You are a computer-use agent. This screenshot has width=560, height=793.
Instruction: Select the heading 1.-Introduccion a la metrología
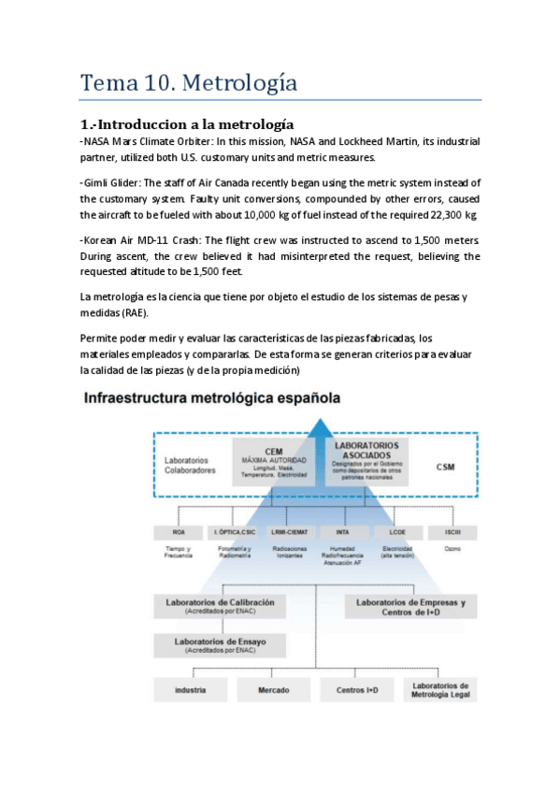187,123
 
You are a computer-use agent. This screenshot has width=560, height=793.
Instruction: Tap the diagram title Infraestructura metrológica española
212,398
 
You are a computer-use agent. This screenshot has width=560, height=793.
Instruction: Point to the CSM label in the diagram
445,466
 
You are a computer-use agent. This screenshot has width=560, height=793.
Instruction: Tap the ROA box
179,532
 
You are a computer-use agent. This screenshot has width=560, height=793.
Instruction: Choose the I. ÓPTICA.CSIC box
233,532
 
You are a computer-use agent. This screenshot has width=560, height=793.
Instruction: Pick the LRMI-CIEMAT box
288,532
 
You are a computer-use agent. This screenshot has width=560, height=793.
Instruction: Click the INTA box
342,532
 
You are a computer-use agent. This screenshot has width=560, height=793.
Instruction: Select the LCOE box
397,532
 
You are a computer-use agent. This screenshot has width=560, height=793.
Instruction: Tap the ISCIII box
452,532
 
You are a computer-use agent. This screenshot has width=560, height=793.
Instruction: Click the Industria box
190,690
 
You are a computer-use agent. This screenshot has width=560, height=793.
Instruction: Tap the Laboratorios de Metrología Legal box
440,690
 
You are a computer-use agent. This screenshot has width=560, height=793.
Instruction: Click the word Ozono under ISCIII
452,548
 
